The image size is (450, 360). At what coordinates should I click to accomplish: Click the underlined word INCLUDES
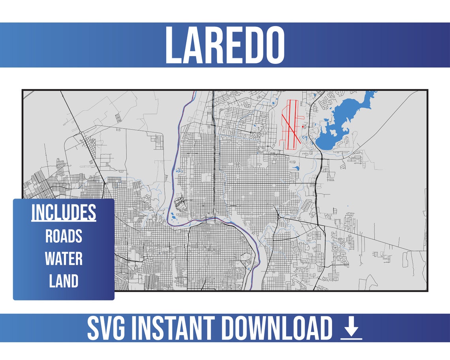tap(64, 213)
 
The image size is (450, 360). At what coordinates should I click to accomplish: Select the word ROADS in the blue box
tap(64, 236)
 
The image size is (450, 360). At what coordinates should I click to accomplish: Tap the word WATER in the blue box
tap(64, 259)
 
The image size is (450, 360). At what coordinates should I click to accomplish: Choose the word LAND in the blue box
tap(64, 281)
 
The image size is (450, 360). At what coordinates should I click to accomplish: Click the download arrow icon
tap(351, 328)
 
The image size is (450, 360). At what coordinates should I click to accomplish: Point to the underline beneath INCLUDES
tap(64, 221)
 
